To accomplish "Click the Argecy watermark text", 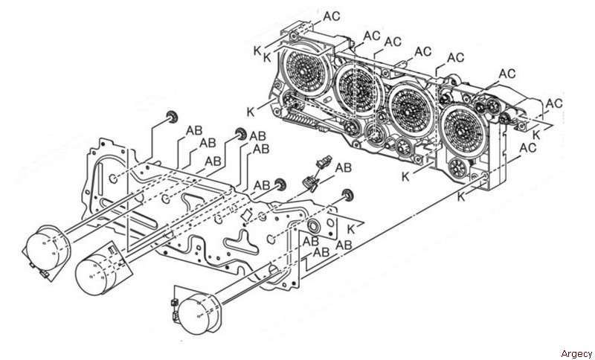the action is coord(576,354).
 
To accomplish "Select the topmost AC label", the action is coord(332,16).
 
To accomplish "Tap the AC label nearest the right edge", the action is coord(554,103).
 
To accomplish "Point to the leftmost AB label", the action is coord(194,130).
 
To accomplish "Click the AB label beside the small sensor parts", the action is coord(343,167).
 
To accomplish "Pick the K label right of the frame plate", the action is coord(351,229).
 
